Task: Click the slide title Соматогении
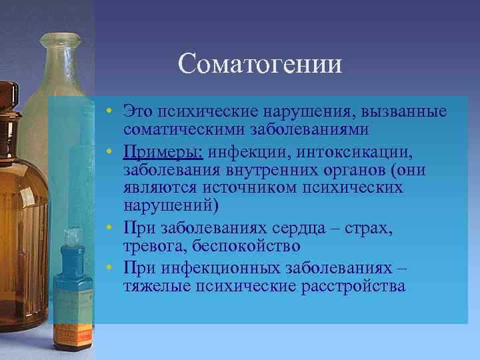click(x=260, y=64)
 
